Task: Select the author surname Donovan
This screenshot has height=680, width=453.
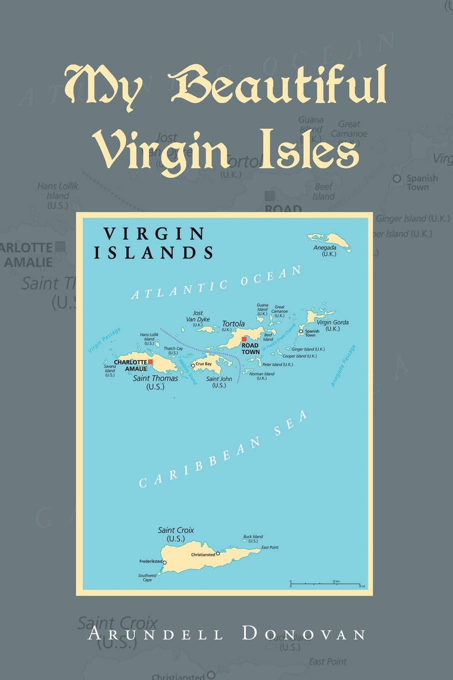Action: tap(304, 634)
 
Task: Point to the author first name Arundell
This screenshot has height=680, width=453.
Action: tap(155, 634)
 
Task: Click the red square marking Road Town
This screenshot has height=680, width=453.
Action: tap(244, 339)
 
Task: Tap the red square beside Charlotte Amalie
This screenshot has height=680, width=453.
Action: tap(150, 361)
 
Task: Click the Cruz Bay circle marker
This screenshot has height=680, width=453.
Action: tap(193, 365)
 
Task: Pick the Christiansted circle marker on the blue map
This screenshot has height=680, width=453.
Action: tap(218, 553)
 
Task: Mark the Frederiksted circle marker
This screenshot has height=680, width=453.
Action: tap(165, 562)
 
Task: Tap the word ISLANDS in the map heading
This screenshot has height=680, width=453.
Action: tap(154, 252)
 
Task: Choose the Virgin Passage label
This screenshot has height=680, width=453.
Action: tap(104, 340)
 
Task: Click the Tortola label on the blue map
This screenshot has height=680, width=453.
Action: tap(233, 323)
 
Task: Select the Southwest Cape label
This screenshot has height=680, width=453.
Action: tap(147, 577)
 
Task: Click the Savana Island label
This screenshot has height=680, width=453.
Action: tap(110, 370)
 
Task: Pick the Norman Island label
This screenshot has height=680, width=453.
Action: tap(262, 375)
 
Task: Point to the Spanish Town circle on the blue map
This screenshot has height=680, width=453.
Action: tap(301, 331)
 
